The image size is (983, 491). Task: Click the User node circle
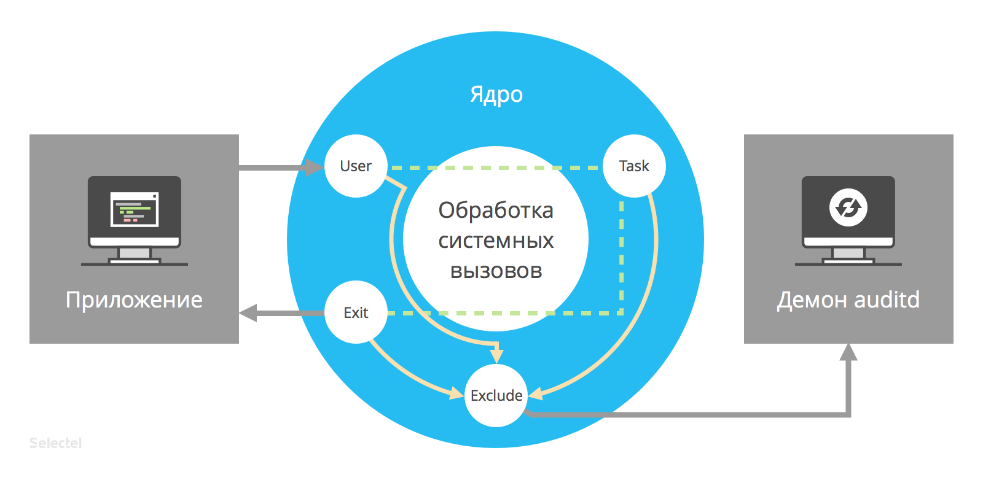356,166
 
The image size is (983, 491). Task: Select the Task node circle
634,166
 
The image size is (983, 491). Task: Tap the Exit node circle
356,312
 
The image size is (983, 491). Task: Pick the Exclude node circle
496,395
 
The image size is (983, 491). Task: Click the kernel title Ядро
496,95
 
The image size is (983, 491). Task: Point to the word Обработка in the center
496,211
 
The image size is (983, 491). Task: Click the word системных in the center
496,241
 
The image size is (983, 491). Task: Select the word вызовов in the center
496,271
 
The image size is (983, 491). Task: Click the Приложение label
134,300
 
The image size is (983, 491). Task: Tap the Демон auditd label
848,300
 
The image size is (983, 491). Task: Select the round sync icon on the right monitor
848,207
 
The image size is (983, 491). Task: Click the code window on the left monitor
135,209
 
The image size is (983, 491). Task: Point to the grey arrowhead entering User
314,167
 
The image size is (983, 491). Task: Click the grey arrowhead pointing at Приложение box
248,313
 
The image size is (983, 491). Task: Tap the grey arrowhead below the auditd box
848,352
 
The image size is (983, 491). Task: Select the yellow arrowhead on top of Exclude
497,355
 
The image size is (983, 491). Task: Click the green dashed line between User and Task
495,167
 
